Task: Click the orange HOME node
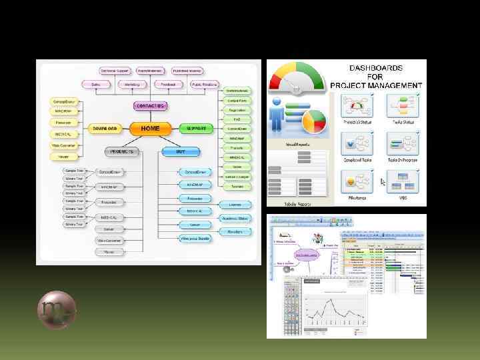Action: point(150,128)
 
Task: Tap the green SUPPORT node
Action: point(196,128)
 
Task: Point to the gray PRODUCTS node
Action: point(123,151)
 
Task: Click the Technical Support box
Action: point(115,71)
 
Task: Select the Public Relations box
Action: point(205,85)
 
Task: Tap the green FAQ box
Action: point(237,119)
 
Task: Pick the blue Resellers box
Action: point(235,231)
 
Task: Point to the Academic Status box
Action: point(235,218)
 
